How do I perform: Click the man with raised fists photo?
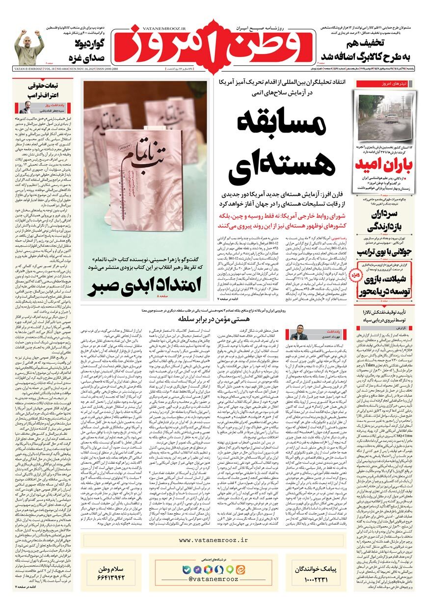point(29,48)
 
